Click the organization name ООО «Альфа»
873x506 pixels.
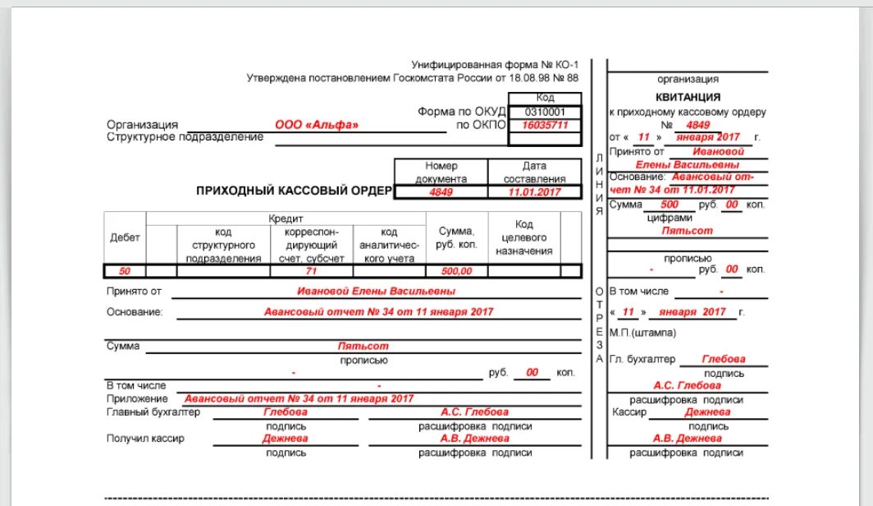317,125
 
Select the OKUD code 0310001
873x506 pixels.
544,112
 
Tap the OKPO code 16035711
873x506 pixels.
545,125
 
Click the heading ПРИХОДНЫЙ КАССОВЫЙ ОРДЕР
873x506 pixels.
295,191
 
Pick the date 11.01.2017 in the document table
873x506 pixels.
534,191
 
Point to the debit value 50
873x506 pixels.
125,271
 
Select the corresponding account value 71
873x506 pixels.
311,271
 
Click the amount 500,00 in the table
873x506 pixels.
457,271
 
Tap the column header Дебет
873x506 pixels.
125,237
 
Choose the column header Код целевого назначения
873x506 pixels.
524,237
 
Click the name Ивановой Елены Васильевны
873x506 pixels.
376,291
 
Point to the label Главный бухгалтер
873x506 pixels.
153,412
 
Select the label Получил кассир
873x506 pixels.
145,438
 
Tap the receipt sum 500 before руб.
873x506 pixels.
670,205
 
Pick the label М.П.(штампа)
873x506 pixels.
642,333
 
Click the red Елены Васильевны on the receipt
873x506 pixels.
687,164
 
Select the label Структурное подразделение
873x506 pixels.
185,137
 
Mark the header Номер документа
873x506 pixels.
441,172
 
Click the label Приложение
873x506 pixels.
130,398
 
